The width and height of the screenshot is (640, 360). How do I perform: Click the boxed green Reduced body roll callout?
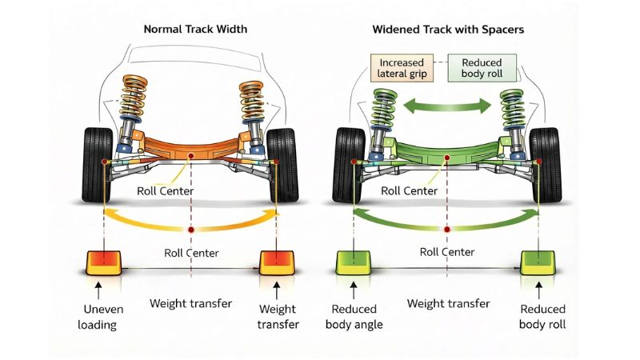[x=482, y=68]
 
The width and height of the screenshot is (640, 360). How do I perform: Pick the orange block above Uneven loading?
[x=103, y=262]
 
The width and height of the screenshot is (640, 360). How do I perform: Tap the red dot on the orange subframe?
[x=190, y=156]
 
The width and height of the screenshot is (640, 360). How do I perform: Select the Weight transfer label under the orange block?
[x=277, y=316]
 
